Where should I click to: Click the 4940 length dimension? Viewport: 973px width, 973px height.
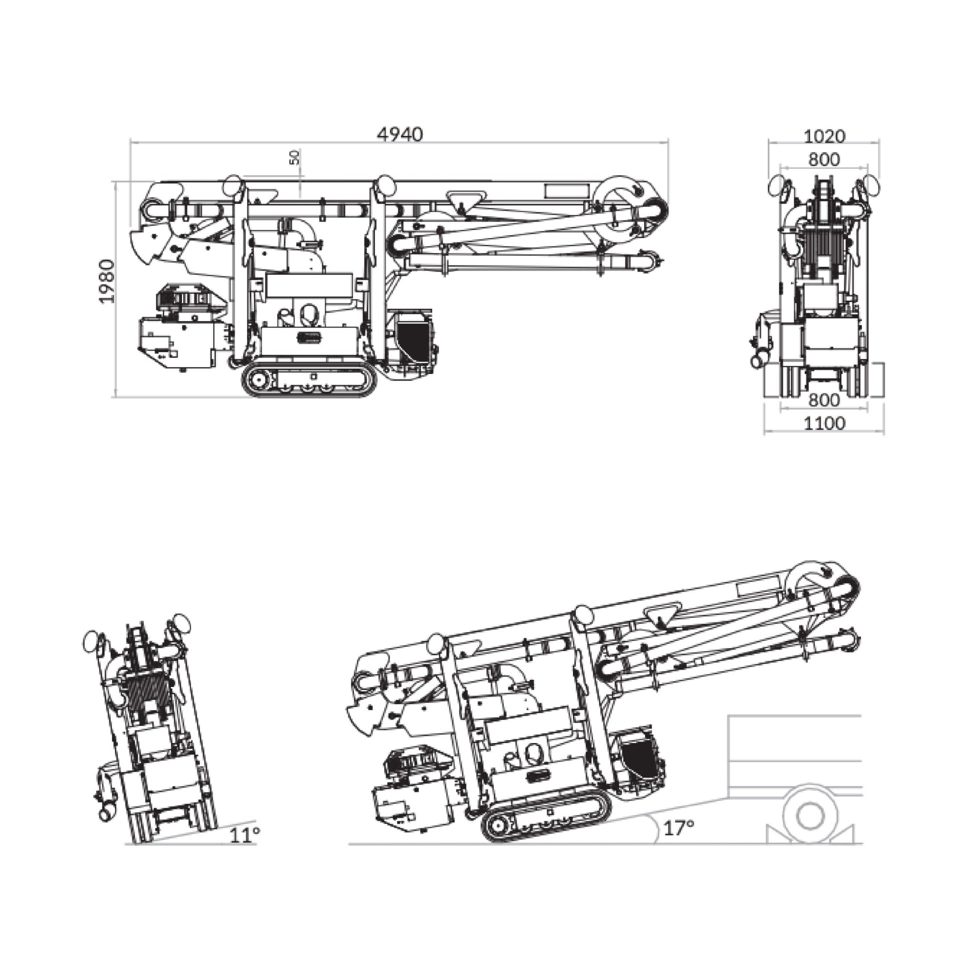pyautogui.click(x=400, y=134)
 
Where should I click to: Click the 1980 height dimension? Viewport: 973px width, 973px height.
pyautogui.click(x=107, y=280)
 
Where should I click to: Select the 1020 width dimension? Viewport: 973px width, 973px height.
pyautogui.click(x=824, y=136)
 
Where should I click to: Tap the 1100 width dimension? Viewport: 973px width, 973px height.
pyautogui.click(x=824, y=423)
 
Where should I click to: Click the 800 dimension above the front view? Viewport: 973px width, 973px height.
pyautogui.click(x=824, y=159)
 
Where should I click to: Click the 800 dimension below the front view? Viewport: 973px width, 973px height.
pyautogui.click(x=824, y=400)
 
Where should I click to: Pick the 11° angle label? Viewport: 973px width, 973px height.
pyautogui.click(x=245, y=835)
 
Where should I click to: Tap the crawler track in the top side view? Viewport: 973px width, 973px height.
pyautogui.click(x=309, y=381)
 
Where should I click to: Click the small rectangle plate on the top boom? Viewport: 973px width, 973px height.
pyautogui.click(x=566, y=191)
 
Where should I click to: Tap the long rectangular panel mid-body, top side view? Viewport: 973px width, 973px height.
pyautogui.click(x=308, y=285)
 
